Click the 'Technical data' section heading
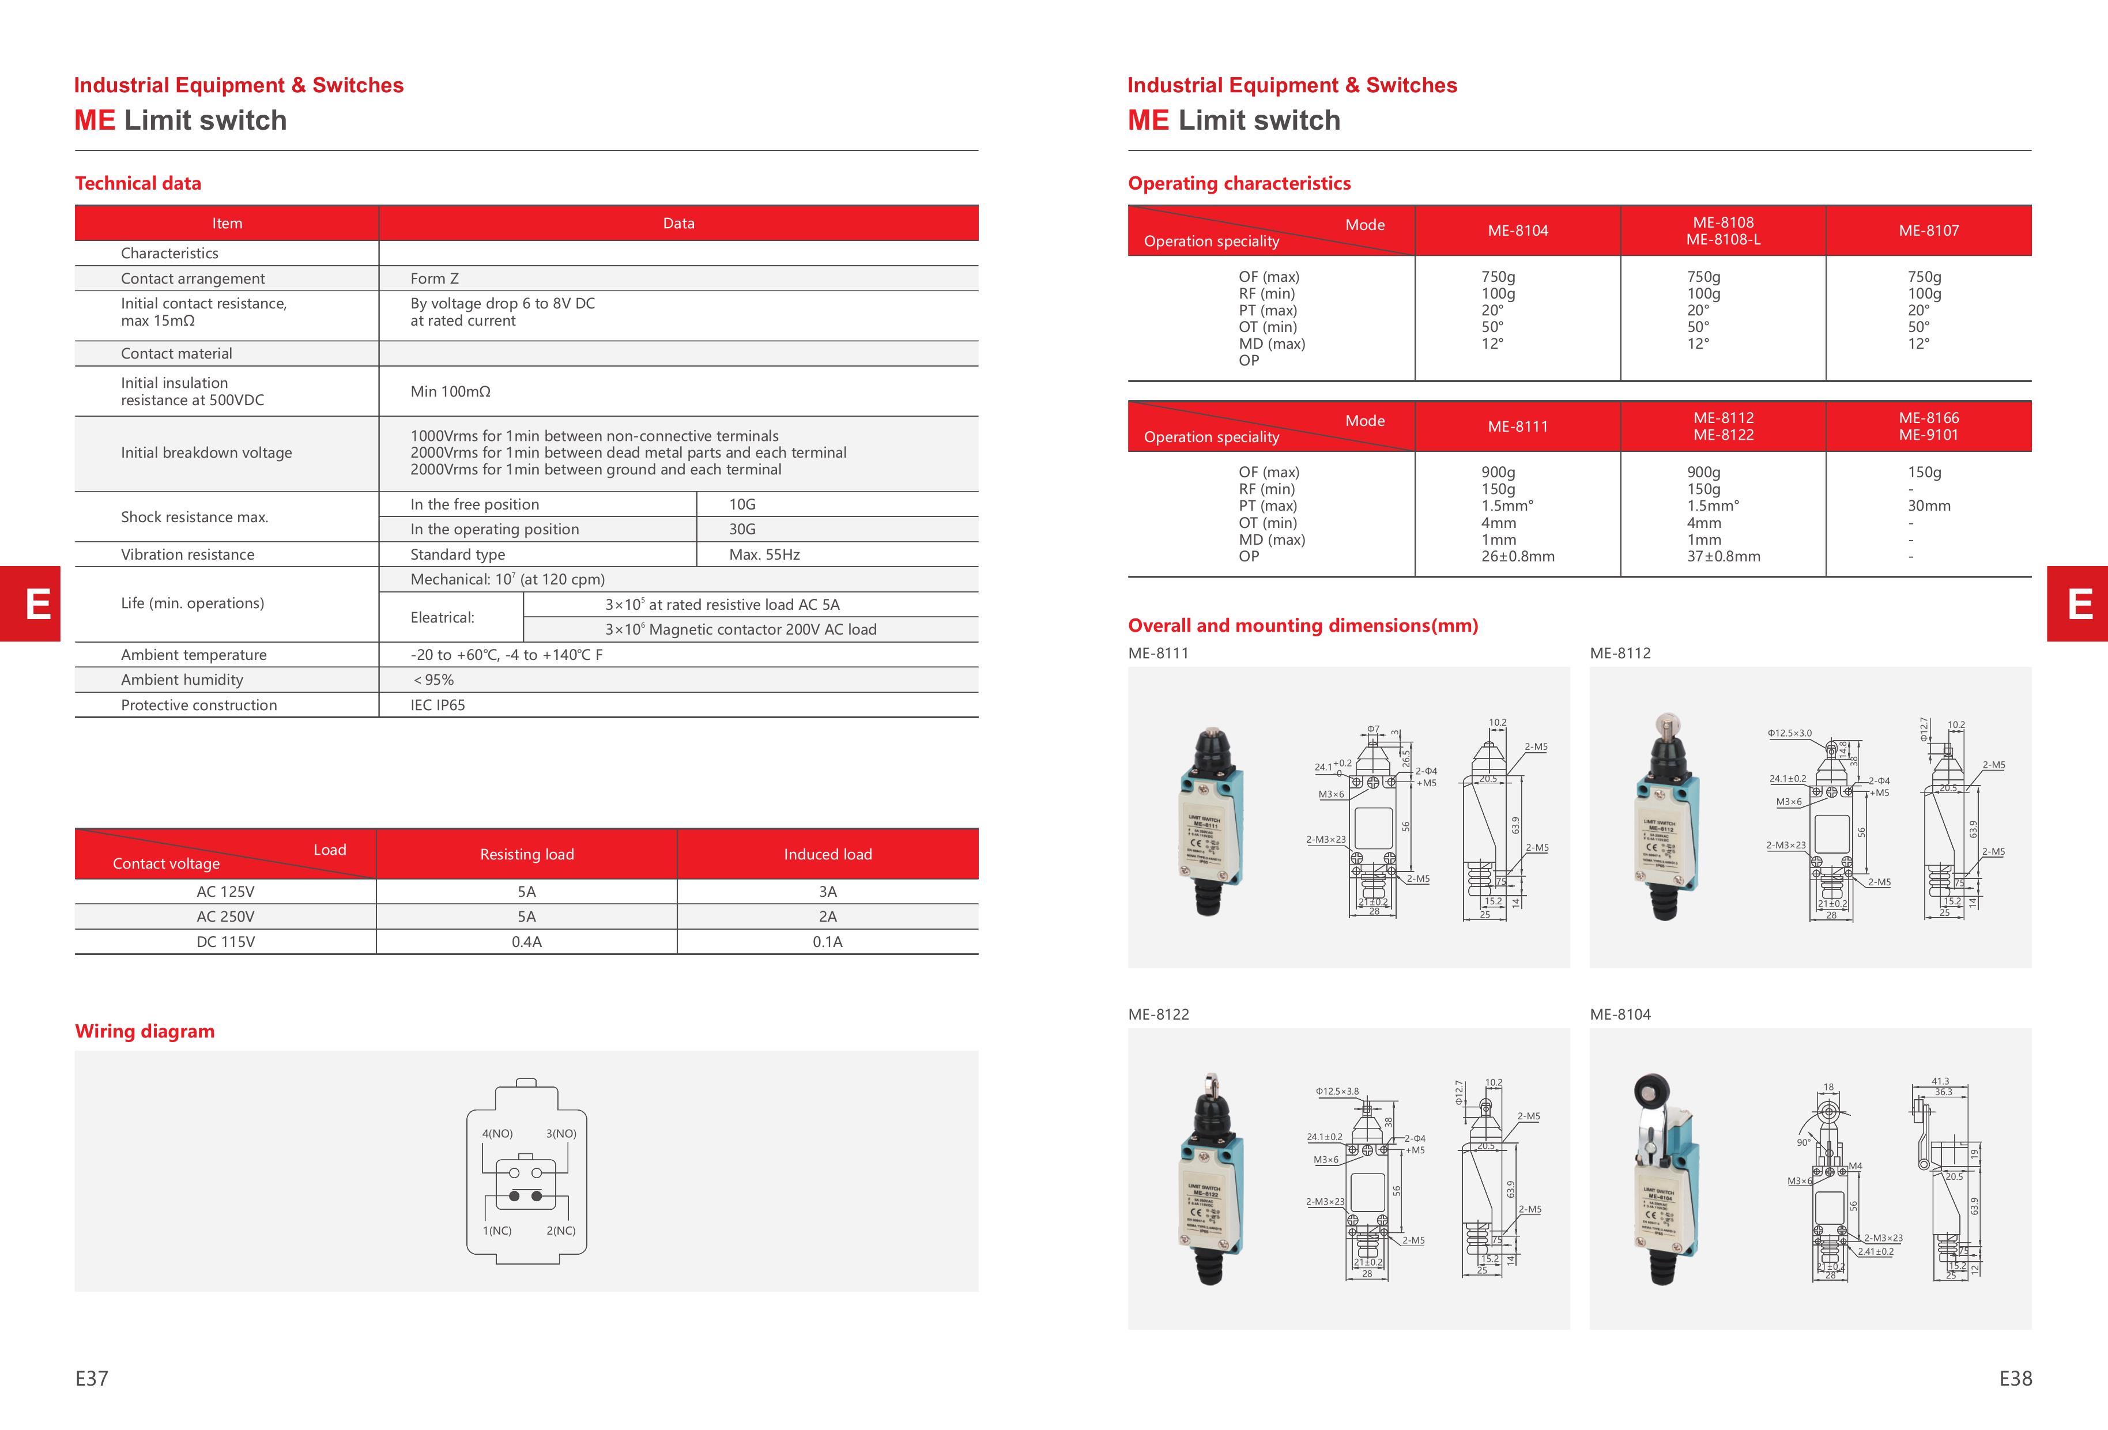point(138,183)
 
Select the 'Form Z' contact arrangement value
point(435,278)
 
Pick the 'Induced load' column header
point(827,854)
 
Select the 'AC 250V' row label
point(225,917)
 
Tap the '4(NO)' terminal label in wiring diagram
point(497,1134)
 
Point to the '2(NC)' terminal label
point(560,1231)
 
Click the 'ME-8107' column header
point(1928,231)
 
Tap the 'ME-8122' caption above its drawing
point(1158,1014)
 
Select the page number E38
point(2015,1378)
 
